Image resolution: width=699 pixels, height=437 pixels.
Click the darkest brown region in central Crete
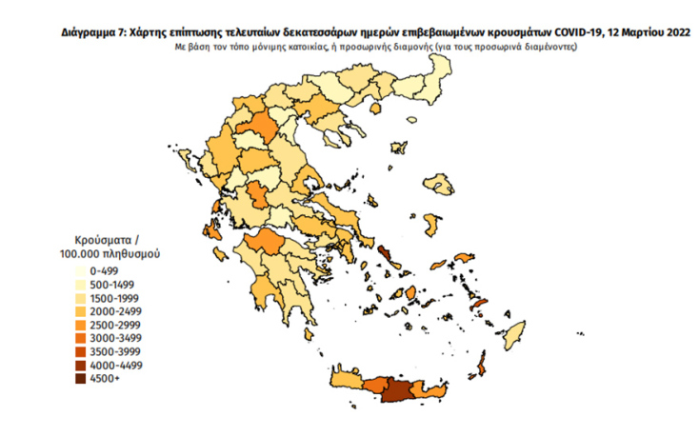(398, 390)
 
